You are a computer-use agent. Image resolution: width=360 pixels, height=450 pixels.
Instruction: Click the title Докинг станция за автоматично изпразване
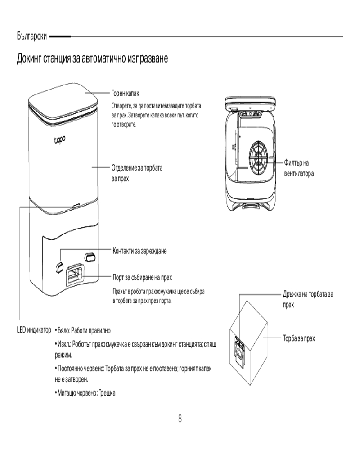click(x=92, y=59)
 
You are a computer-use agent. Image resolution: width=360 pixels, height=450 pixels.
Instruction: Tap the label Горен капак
click(x=125, y=93)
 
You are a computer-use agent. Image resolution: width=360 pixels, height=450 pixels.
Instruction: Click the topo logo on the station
click(x=59, y=141)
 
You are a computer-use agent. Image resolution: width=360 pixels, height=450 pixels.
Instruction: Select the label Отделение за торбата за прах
click(x=137, y=172)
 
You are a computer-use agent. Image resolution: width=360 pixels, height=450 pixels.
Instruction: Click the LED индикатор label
click(x=34, y=330)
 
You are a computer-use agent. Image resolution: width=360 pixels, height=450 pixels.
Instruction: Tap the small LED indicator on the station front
click(x=75, y=205)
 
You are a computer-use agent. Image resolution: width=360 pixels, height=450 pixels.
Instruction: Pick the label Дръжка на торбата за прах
click(x=308, y=299)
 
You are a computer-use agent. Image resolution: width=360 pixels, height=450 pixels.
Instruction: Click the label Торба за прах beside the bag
click(x=299, y=337)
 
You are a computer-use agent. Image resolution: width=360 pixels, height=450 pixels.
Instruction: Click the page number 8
click(x=180, y=419)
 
